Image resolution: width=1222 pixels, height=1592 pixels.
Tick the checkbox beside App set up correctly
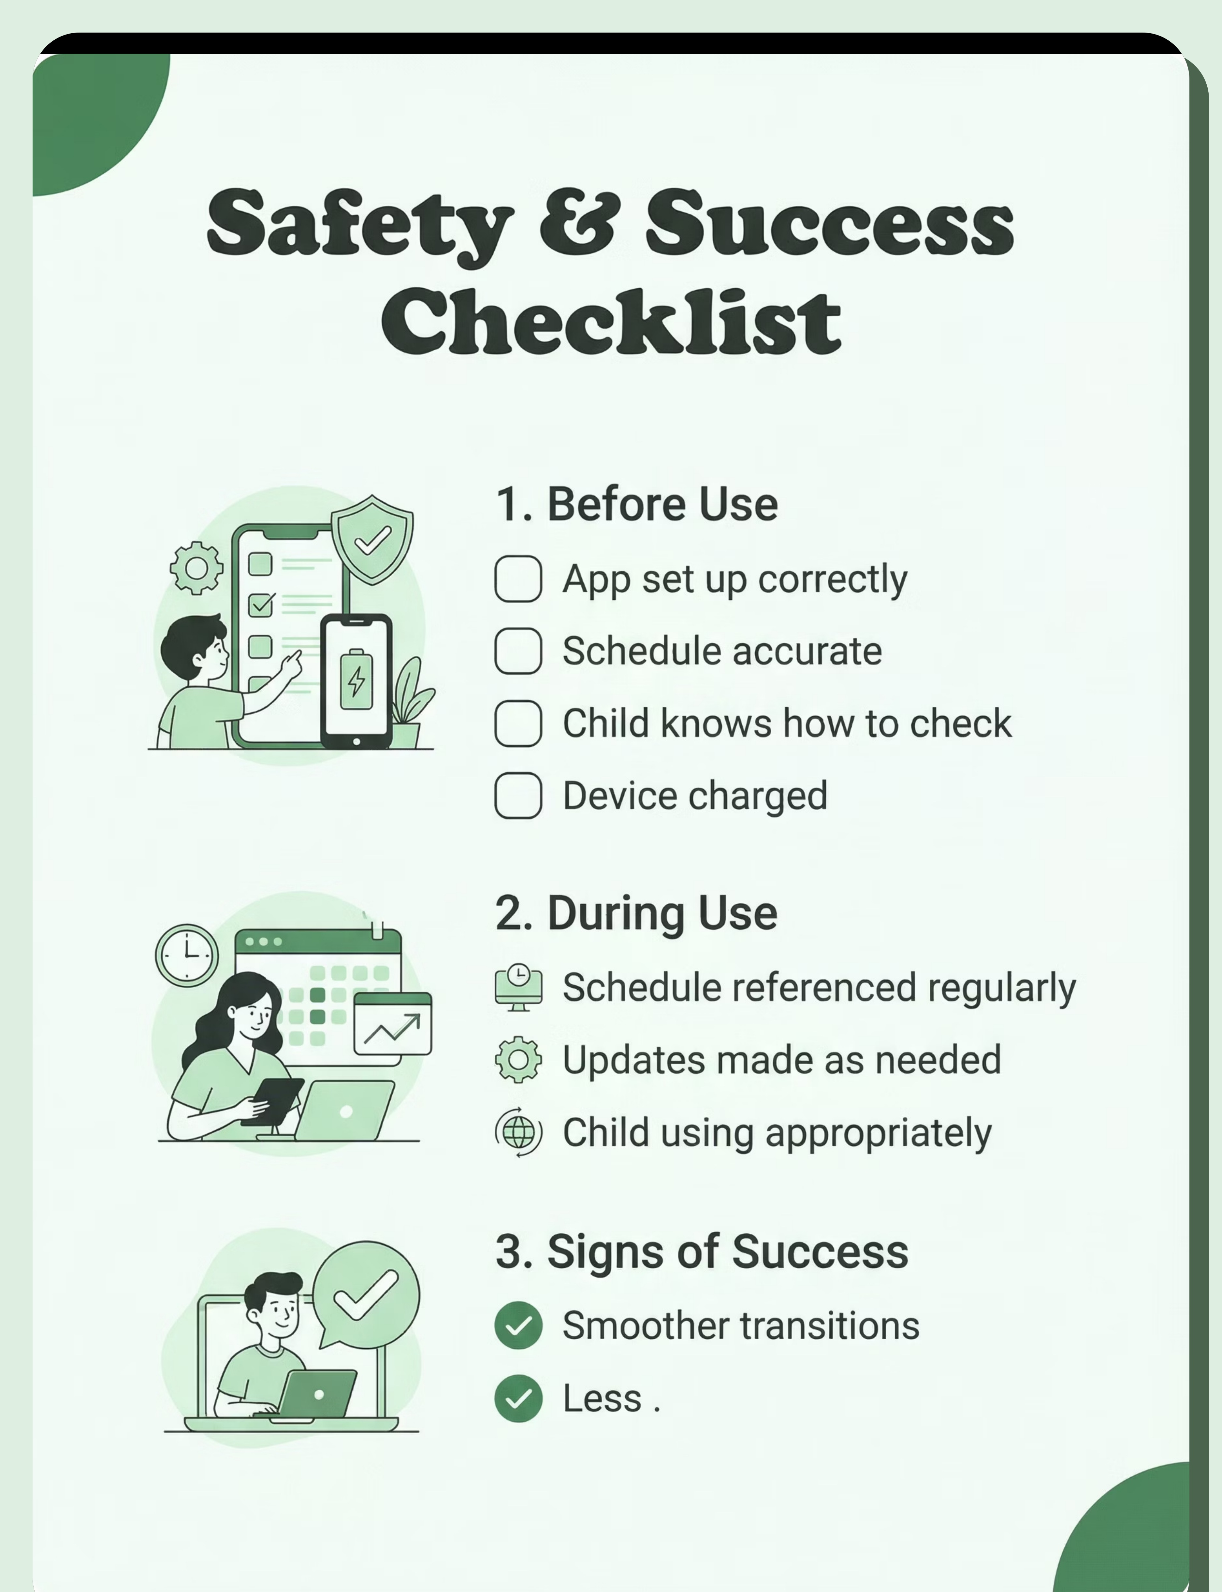click(x=518, y=579)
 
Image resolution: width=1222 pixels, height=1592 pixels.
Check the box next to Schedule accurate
click(x=518, y=651)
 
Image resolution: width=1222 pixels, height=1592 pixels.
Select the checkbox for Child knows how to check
click(x=518, y=723)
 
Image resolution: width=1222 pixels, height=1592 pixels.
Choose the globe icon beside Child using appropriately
click(x=518, y=1132)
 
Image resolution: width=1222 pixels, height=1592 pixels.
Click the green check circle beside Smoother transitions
click(x=518, y=1325)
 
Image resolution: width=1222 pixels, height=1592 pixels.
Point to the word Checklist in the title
click(x=611, y=320)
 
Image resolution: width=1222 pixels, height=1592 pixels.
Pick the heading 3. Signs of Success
click(x=702, y=1251)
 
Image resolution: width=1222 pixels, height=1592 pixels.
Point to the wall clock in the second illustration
click(x=187, y=955)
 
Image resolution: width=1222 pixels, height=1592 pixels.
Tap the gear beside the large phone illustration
click(x=196, y=567)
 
